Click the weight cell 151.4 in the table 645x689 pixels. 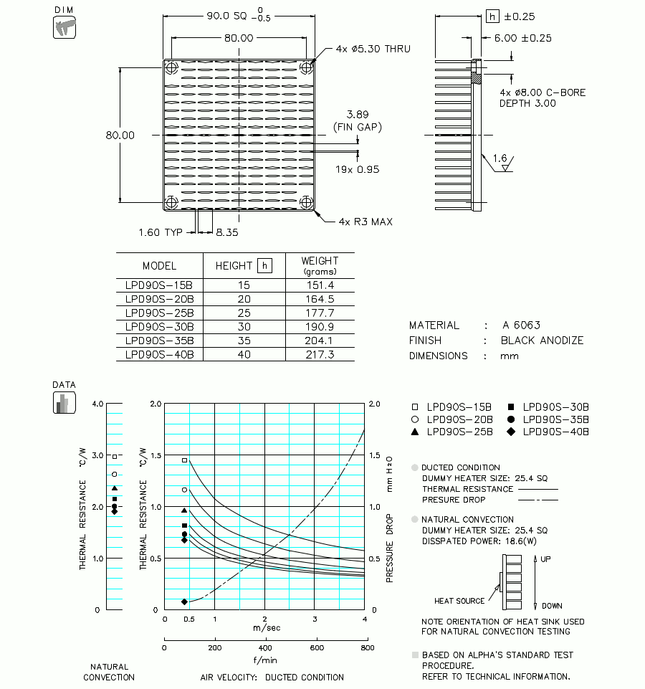coord(319,285)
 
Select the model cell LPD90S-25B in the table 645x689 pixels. coord(159,313)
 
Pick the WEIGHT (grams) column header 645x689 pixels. coord(320,265)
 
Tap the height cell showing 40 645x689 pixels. coord(244,354)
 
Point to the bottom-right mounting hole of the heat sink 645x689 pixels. coord(307,203)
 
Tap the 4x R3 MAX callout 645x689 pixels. coord(365,222)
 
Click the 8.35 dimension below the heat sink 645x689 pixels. coord(227,232)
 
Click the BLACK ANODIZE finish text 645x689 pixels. coord(542,341)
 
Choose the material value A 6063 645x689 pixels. coord(521,325)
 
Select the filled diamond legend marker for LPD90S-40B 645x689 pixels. coord(511,432)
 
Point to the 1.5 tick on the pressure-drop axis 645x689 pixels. coord(374,455)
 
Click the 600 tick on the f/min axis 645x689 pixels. coord(316,647)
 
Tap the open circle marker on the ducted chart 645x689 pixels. coord(184,490)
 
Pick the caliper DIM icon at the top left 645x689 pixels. coord(64,28)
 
